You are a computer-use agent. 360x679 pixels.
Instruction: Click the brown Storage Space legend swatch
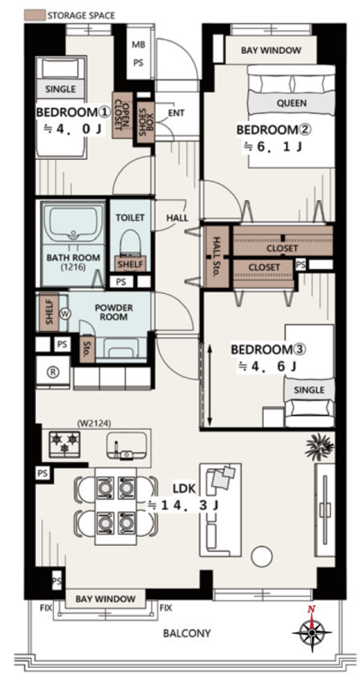click(x=35, y=15)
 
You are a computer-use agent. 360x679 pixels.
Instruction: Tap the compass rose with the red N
click(x=312, y=633)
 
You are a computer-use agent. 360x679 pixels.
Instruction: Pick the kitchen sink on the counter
click(x=125, y=445)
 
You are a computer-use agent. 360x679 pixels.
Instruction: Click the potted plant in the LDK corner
click(x=320, y=447)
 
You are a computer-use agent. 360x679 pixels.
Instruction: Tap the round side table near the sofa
click(x=262, y=555)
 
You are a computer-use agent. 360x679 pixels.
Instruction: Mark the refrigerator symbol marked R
click(x=53, y=372)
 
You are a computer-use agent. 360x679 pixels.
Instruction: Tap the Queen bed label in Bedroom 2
click(x=292, y=103)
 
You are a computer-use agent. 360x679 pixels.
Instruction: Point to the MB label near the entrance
click(x=138, y=46)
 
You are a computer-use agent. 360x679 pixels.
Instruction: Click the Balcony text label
click(x=186, y=633)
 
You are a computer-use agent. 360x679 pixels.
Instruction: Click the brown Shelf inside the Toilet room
click(x=130, y=264)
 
